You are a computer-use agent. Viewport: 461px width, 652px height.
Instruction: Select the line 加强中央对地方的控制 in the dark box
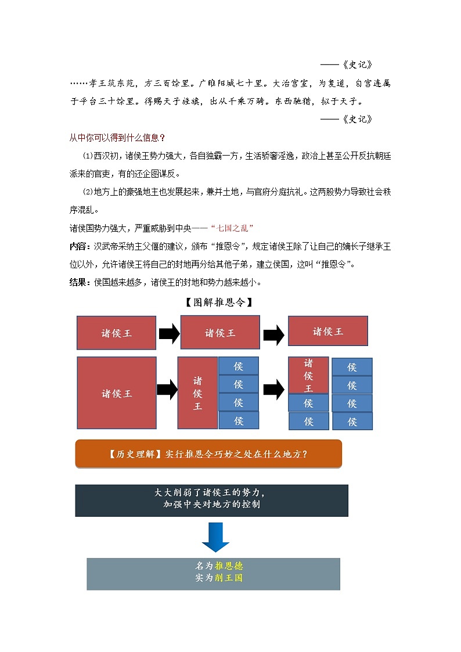(211, 505)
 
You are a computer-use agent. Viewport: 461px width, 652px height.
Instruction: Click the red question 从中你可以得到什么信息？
(117, 138)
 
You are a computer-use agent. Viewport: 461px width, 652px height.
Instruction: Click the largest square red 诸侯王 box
(117, 393)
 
